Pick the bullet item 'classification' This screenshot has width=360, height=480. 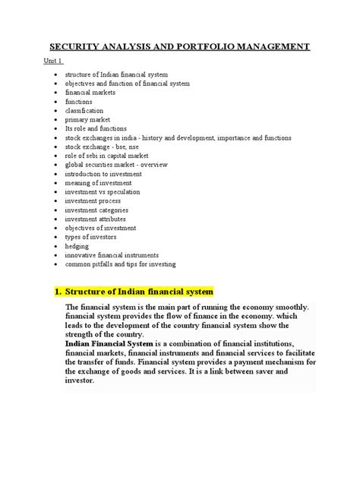click(84, 110)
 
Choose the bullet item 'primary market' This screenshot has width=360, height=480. click(87, 119)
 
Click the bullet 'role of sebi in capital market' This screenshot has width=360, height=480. click(106, 156)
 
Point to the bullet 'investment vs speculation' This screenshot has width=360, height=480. click(102, 192)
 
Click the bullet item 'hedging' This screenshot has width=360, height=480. click(77, 246)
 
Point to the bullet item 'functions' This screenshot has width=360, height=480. click(80, 101)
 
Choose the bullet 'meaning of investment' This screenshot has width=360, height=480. click(98, 183)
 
